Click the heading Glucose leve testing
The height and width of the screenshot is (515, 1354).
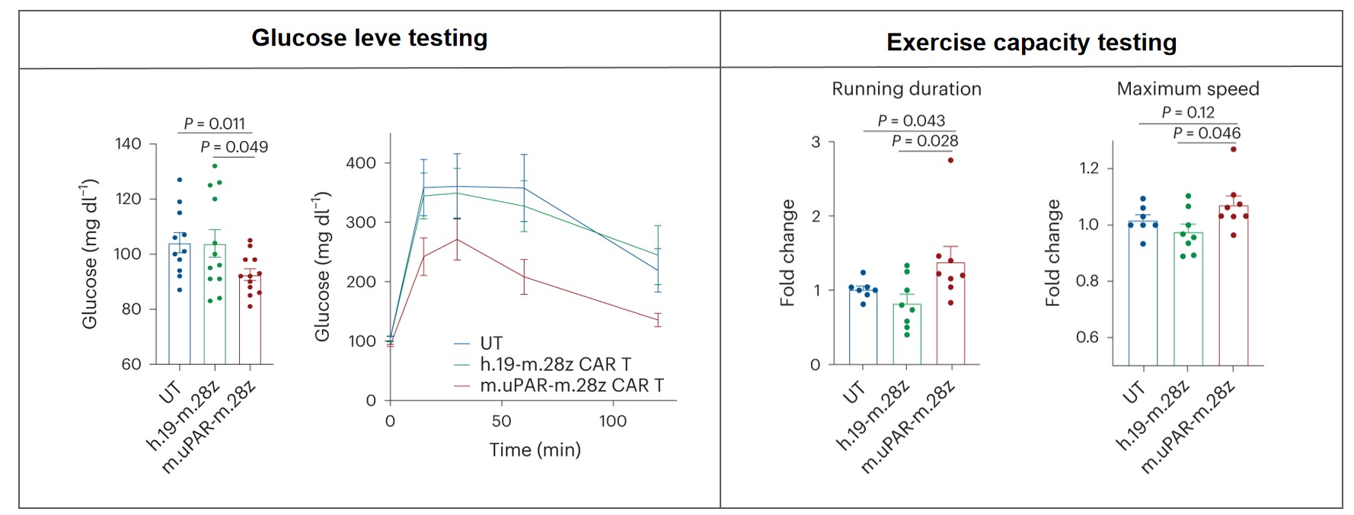(x=369, y=38)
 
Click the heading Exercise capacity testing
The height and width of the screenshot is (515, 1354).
(x=1031, y=43)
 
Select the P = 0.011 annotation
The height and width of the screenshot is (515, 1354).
(x=215, y=123)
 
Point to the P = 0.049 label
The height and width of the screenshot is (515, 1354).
(x=234, y=147)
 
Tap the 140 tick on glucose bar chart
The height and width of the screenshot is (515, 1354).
(x=128, y=144)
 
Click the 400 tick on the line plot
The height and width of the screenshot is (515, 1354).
(x=360, y=163)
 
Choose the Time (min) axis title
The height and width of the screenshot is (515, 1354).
(x=535, y=450)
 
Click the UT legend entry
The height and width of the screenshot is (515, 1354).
(x=490, y=344)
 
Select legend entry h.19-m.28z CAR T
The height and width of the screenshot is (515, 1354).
(x=554, y=365)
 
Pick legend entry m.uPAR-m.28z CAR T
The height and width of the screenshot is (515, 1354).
(x=571, y=385)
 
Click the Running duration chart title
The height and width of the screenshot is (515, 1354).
(x=906, y=89)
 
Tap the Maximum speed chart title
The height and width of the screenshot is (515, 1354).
(x=1187, y=89)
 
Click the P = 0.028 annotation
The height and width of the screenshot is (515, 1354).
(x=924, y=141)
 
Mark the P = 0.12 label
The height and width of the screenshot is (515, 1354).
(x=1187, y=113)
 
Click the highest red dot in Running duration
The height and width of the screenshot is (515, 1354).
(x=950, y=160)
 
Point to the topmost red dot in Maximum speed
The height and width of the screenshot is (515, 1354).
(x=1234, y=149)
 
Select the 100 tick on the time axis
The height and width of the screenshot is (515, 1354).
(x=612, y=421)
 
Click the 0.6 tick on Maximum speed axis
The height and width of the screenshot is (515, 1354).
(x=1087, y=337)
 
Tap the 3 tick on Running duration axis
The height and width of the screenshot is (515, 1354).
(x=816, y=142)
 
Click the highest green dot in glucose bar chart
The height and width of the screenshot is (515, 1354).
(x=215, y=166)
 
